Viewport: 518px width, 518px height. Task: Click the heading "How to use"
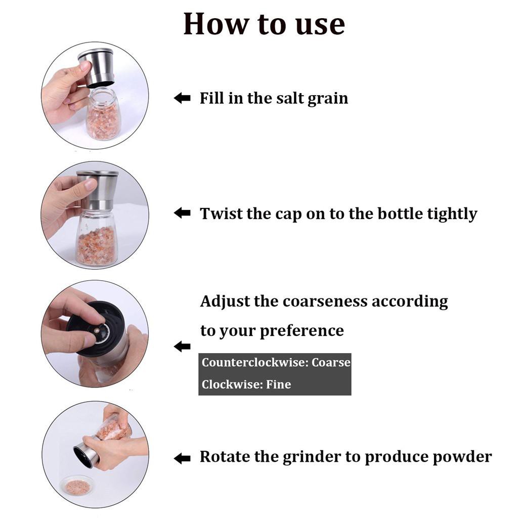[264, 24]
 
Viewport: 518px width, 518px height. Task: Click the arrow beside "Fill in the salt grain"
[182, 98]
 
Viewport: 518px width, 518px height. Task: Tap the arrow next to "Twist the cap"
[182, 213]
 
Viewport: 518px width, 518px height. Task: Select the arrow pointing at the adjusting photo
[182, 346]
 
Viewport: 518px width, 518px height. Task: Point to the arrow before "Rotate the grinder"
[182, 458]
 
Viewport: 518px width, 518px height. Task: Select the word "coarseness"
[325, 301]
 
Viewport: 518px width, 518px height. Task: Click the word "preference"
[302, 331]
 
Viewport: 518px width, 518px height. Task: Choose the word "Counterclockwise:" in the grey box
[255, 362]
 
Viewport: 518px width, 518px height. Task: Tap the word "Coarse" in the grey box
[331, 362]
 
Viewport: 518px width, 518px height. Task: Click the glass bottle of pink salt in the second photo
[96, 237]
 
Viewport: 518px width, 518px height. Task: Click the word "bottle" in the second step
[400, 213]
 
